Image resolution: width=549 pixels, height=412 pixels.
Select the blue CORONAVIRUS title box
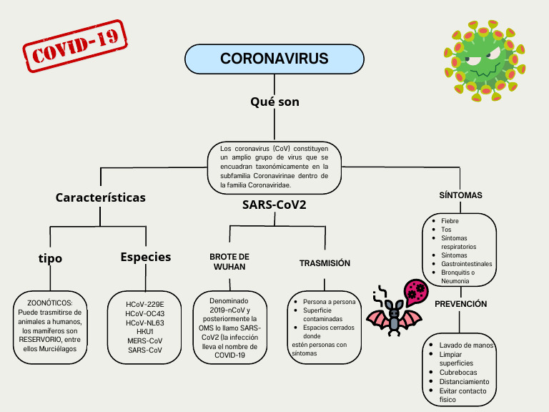point(274,59)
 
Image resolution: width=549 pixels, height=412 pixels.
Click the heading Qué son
point(274,102)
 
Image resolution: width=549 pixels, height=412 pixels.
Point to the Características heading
point(100,197)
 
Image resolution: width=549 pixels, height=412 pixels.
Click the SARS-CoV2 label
point(274,205)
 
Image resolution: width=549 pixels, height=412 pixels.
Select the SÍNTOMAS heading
point(460,195)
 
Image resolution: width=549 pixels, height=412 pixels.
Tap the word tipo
point(50,258)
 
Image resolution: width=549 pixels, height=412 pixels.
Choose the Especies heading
point(146,257)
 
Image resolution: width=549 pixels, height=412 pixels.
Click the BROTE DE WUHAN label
point(229,261)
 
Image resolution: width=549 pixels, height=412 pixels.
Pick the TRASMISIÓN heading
point(325,263)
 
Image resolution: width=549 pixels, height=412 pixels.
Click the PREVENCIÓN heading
point(461,304)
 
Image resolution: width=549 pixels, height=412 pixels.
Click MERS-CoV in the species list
point(145,340)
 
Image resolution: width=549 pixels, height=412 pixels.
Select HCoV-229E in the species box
point(145,304)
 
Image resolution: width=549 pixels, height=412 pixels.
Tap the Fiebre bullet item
point(450,221)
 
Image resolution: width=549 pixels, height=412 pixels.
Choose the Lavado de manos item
point(466,345)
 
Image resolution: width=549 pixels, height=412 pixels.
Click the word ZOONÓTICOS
point(50,303)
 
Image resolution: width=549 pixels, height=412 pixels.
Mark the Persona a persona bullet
point(329,302)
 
